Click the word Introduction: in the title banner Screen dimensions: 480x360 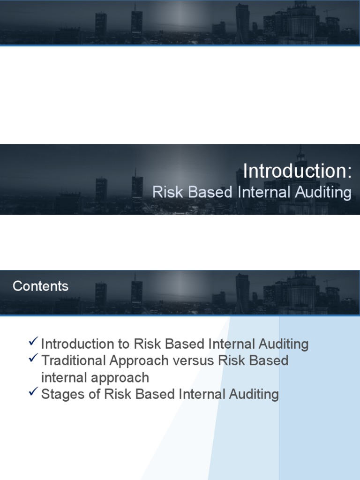click(297, 171)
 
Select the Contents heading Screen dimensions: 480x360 click(41, 286)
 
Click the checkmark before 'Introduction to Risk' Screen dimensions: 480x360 click(33, 342)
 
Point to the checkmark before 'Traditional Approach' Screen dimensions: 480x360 click(33, 359)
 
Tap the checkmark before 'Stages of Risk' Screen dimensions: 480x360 click(33, 392)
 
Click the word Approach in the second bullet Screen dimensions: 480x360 click(139, 360)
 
